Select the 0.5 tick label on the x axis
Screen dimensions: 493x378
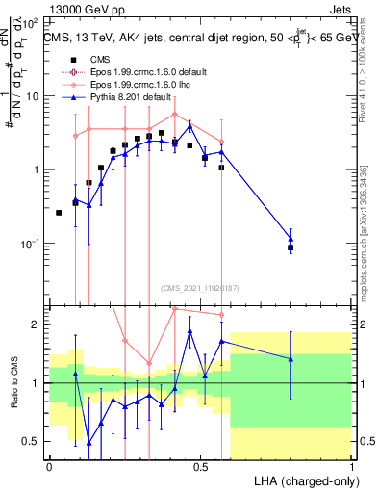click(200, 466)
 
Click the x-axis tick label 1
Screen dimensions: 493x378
click(351, 466)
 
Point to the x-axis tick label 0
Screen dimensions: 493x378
click(49, 466)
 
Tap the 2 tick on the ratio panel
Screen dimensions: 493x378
click(37, 324)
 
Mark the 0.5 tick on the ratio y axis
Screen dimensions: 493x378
click(32, 441)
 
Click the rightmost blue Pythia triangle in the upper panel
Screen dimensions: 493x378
click(290, 239)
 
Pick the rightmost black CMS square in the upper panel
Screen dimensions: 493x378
click(290, 247)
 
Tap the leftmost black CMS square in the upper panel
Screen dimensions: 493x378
click(59, 212)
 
